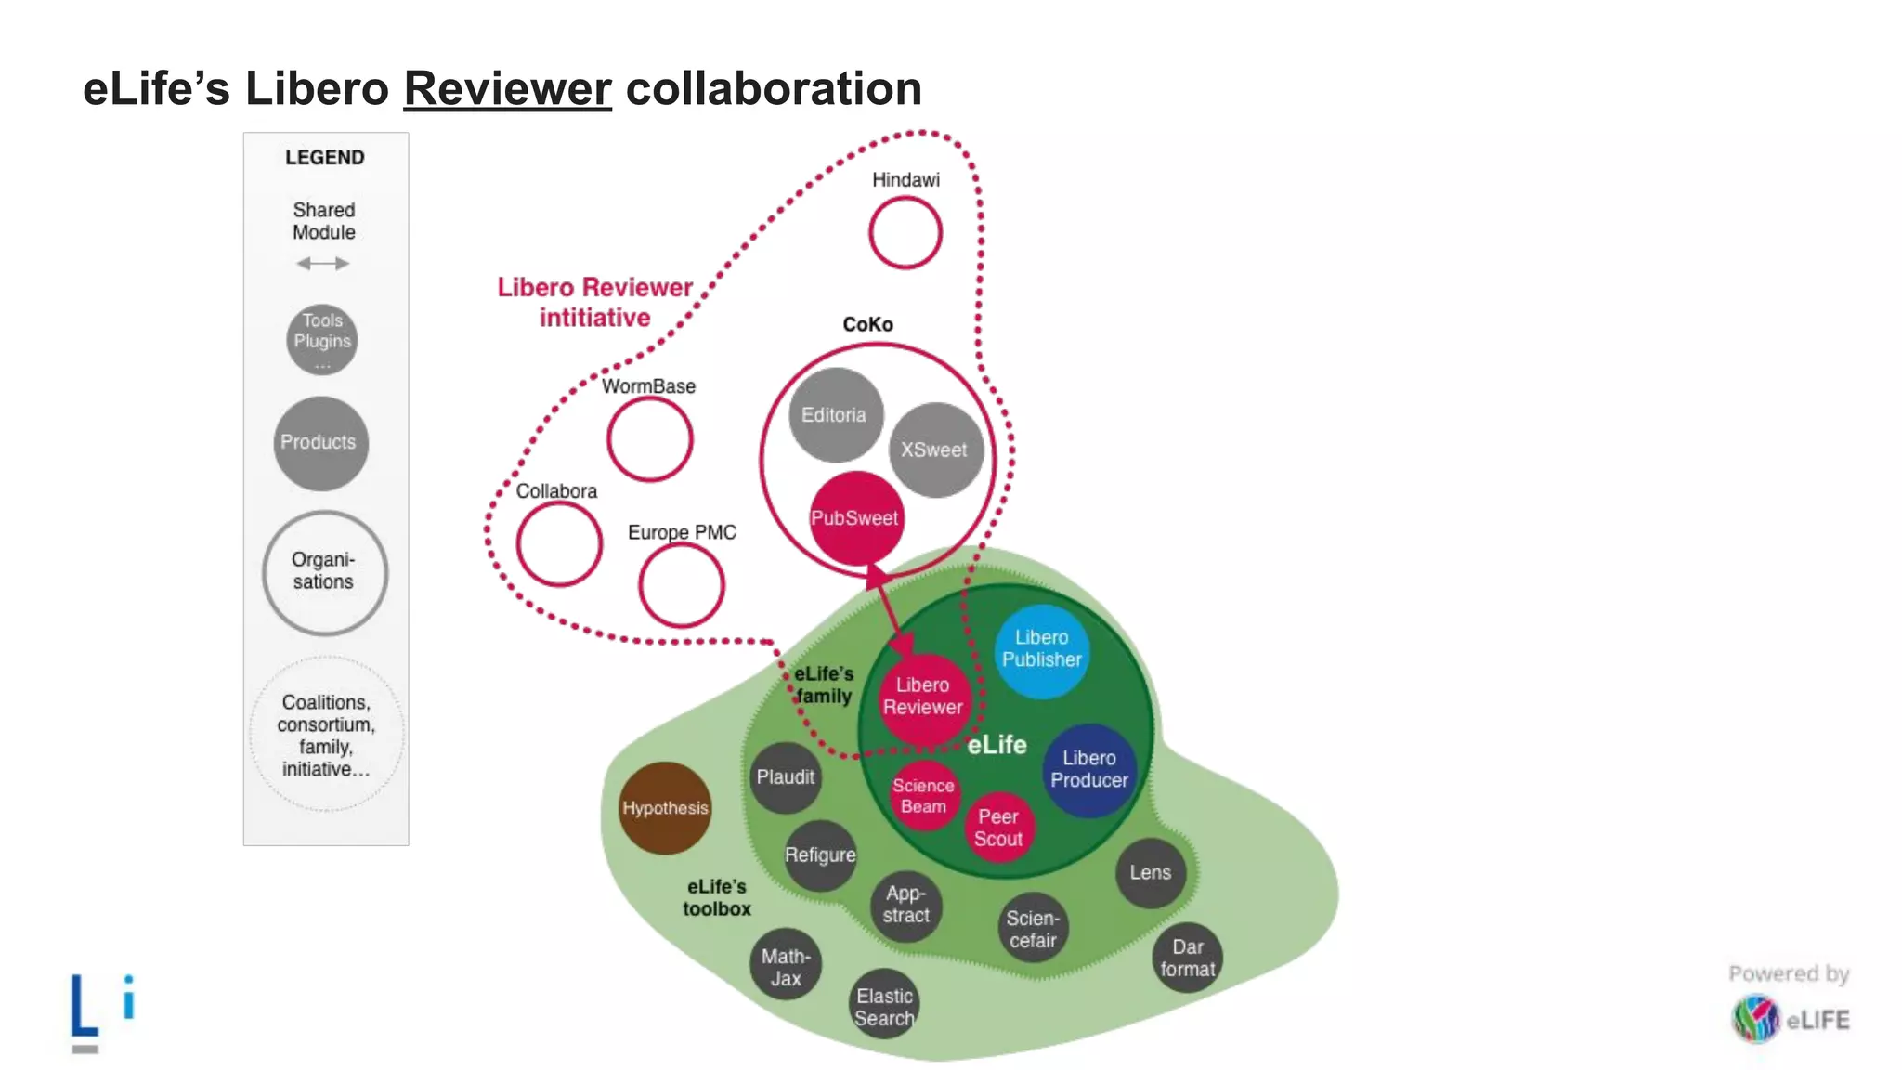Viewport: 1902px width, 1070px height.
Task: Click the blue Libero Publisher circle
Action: click(x=1041, y=650)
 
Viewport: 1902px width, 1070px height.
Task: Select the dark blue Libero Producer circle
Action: click(x=1088, y=770)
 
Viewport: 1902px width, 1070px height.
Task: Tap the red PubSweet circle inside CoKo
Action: click(x=855, y=518)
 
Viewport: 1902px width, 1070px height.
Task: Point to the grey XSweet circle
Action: click(x=935, y=450)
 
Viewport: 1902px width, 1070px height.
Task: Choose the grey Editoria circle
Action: click(x=835, y=415)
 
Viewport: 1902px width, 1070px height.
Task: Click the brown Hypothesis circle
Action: click(x=665, y=808)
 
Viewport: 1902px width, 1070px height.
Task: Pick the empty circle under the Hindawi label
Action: click(x=905, y=233)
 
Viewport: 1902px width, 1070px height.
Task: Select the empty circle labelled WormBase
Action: click(x=650, y=439)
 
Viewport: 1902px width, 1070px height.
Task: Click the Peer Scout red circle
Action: click(x=998, y=828)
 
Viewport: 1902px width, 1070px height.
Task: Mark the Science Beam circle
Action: click(x=924, y=796)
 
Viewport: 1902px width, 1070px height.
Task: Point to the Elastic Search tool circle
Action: click(x=884, y=1006)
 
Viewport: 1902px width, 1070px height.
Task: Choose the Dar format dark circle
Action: click(x=1187, y=958)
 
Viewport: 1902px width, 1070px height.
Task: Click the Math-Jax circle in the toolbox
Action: click(x=786, y=966)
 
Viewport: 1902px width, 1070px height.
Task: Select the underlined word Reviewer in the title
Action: click(x=507, y=90)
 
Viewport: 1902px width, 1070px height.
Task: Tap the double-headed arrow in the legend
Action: click(x=323, y=264)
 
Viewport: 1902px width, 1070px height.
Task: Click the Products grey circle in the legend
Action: click(x=320, y=443)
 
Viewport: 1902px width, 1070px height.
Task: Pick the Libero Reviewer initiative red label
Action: click(x=594, y=302)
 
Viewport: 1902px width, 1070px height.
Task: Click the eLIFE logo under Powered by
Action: click(x=1790, y=1019)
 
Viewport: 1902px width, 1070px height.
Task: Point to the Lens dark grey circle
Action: click(x=1150, y=873)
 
